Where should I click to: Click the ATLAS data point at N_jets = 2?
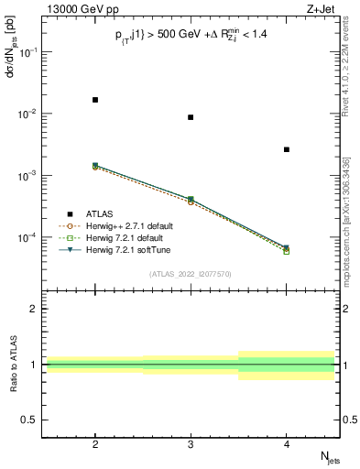95,99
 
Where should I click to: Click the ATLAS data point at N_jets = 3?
191,117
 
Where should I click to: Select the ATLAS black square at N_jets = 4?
287,149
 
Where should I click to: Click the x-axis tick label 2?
95,442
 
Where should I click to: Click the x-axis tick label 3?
191,442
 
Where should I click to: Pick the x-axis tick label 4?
287,442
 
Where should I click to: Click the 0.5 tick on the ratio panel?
31,420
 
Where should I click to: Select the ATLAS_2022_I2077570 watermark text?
191,273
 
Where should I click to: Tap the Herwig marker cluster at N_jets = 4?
287,249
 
